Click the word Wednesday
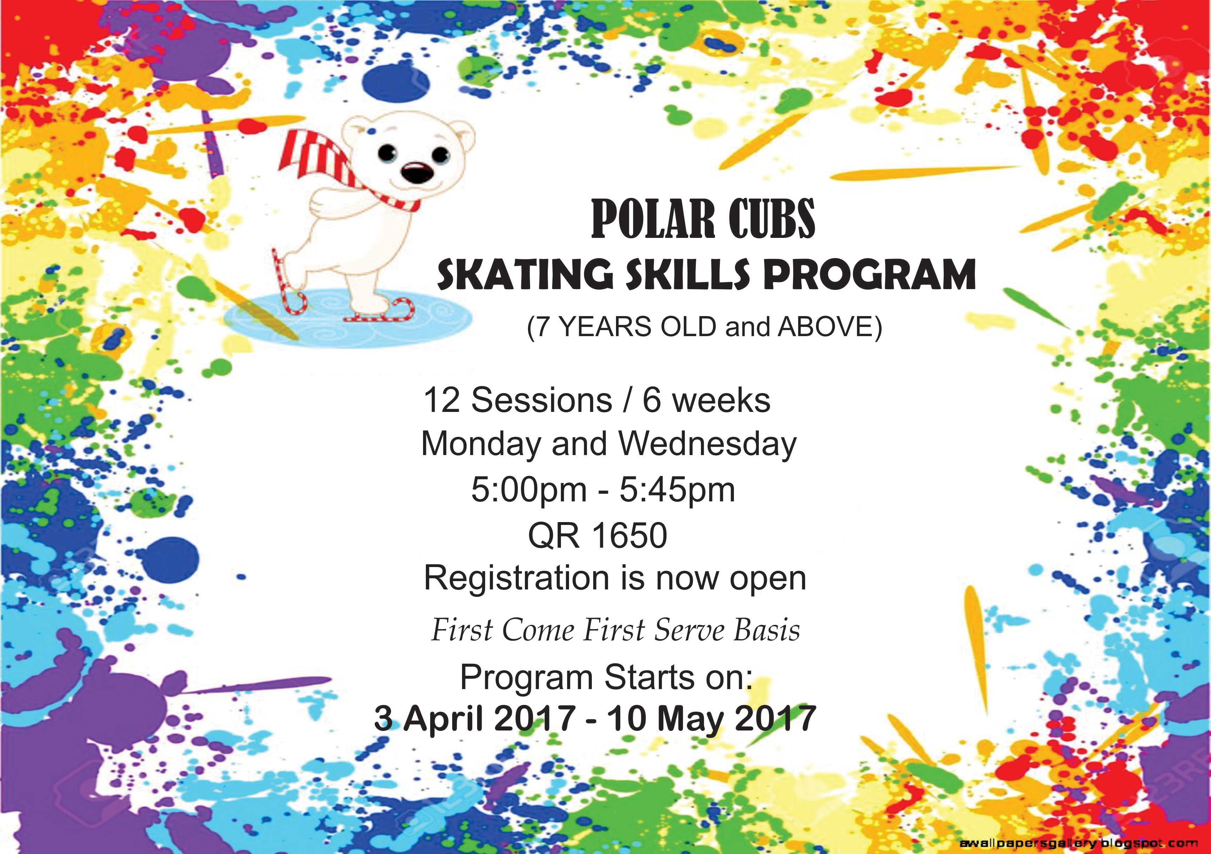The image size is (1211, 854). tap(707, 445)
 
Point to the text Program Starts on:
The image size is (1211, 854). tap(606, 677)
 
